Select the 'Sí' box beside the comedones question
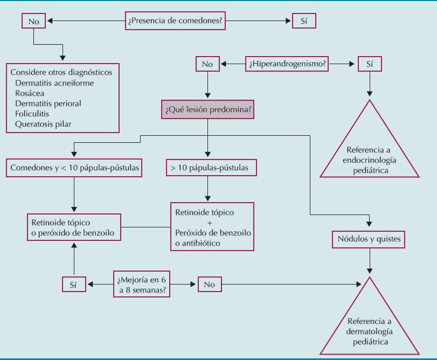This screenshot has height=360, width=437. point(304,21)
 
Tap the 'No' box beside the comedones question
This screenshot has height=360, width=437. point(33,21)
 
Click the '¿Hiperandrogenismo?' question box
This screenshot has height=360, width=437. point(287,64)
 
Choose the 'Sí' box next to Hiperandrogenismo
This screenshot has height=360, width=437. point(369,64)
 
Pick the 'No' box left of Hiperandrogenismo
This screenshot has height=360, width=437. point(207,64)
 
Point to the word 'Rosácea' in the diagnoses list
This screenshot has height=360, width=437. point(30,93)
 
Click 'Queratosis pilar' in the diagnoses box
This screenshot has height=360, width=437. point(43,124)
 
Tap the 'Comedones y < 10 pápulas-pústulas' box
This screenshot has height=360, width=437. point(74,168)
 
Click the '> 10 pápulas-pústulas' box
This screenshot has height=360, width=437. point(210,168)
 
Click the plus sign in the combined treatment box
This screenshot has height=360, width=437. point(211,223)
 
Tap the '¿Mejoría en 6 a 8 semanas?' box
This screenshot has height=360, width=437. point(142,283)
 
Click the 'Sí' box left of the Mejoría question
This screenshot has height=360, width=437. point(74,283)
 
